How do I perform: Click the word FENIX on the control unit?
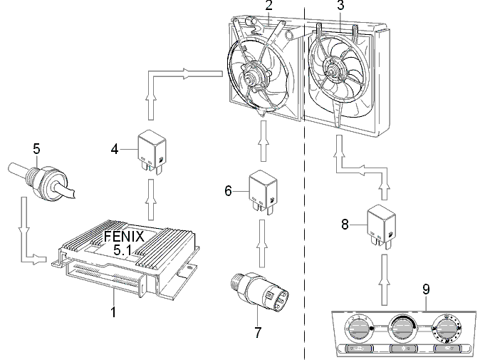point(124,237)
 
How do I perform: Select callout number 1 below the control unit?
point(113,312)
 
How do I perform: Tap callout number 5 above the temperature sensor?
point(36,149)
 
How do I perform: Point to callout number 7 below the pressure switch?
point(258,332)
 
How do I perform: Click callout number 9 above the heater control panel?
point(426,289)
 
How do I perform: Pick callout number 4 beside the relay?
point(115,149)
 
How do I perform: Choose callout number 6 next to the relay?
point(229,191)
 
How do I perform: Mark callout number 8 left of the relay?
point(345,225)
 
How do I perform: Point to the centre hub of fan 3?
point(332,71)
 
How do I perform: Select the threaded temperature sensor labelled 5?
point(41,181)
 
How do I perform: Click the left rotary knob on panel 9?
point(357,329)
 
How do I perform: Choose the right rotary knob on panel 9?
point(446,329)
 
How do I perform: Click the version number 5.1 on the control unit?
point(122,250)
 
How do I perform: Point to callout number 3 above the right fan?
point(340,5)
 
